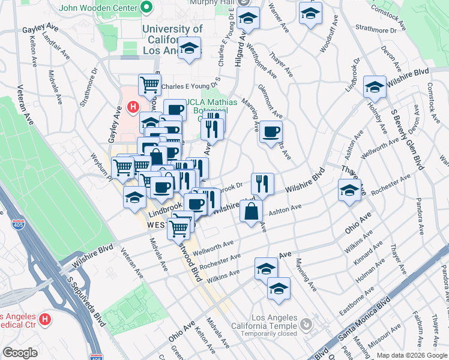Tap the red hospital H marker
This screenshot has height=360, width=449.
tap(133, 107)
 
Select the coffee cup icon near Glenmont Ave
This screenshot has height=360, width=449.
tap(271, 131)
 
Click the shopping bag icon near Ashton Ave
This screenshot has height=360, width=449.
tap(251, 211)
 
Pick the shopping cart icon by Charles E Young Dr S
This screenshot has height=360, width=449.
tap(149, 84)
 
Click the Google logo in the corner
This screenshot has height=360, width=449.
tap(20, 353)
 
